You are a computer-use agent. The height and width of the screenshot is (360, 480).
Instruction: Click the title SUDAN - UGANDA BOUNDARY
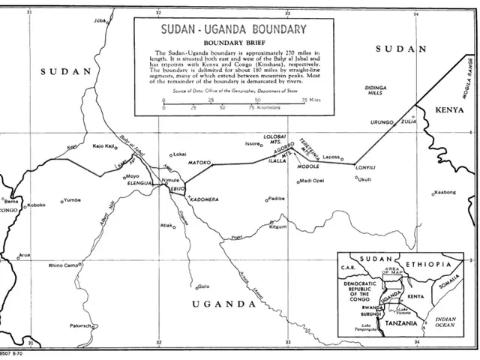pyautogui.click(x=234, y=29)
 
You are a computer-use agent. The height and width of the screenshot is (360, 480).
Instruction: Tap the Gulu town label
pyautogui.click(x=203, y=286)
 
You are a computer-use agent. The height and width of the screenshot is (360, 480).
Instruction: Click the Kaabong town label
pyautogui.click(x=444, y=193)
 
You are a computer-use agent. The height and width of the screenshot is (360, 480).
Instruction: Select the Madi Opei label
pyautogui.click(x=312, y=181)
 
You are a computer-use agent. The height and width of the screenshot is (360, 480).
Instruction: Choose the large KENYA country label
pyautogui.click(x=450, y=109)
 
